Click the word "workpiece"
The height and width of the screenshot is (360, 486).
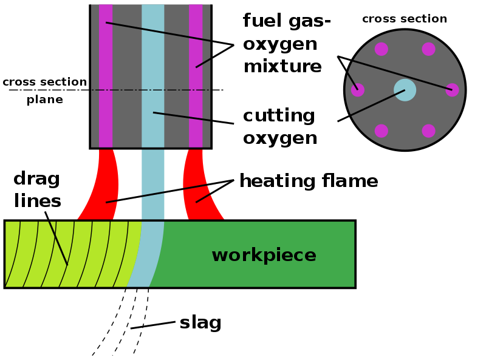tap(264, 256)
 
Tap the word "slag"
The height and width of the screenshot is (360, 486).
tap(200, 323)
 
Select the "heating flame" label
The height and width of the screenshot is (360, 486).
tap(309, 181)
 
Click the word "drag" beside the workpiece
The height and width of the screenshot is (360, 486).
tap(36, 179)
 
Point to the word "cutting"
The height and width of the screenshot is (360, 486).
tap(279, 115)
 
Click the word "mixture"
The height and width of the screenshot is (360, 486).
tap(282, 66)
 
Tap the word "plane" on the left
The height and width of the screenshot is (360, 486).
tap(45, 100)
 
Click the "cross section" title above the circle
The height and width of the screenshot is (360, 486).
tap(405, 19)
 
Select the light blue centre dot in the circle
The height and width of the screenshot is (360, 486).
tap(405, 90)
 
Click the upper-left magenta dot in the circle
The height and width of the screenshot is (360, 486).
tap(382, 49)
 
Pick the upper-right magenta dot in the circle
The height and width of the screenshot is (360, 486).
tap(428, 49)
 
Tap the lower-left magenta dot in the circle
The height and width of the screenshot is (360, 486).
tap(382, 131)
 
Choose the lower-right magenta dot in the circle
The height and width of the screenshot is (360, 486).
tap(428, 131)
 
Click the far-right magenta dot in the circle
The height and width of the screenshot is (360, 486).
tap(452, 90)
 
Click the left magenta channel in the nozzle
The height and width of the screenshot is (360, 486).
tap(106, 76)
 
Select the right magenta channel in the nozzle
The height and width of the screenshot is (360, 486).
tap(196, 76)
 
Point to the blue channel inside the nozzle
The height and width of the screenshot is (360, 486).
tap(153, 76)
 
